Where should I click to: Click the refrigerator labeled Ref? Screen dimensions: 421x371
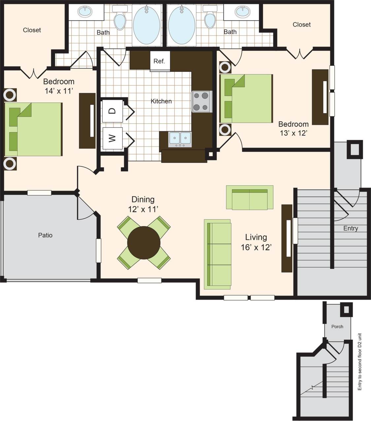(160, 61)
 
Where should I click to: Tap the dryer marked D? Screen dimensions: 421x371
(113, 110)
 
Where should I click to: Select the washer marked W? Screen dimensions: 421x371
(113, 138)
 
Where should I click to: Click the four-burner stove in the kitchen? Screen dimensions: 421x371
(201, 102)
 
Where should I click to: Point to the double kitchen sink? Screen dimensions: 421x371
(180, 139)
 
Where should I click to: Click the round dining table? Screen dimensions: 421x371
(144, 242)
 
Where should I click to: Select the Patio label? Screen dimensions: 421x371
(45, 235)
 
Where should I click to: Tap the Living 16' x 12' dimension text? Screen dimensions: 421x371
(256, 247)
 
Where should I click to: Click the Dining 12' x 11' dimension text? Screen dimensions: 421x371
(143, 209)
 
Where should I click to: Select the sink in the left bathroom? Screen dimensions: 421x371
(85, 12)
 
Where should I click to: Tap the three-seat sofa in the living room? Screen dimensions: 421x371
(218, 253)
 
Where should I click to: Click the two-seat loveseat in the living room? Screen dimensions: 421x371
(250, 198)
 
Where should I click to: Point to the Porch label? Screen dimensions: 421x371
(337, 326)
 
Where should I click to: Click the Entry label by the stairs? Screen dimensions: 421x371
(351, 228)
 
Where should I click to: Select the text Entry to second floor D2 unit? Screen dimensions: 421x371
(360, 361)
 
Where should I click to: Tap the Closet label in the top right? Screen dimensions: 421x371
(302, 24)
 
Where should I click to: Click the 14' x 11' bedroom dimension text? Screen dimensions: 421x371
(59, 91)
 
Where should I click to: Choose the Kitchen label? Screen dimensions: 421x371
(161, 101)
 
